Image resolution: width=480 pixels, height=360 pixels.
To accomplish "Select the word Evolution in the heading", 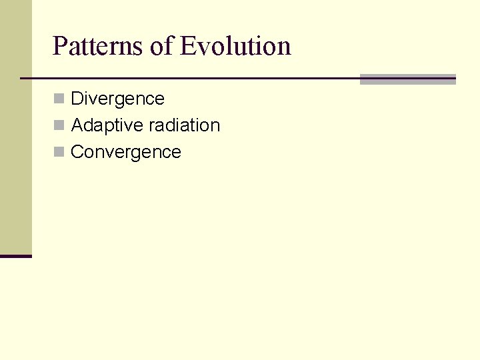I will tap(235, 47).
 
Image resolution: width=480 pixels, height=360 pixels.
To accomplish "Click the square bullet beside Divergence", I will tap(59, 99).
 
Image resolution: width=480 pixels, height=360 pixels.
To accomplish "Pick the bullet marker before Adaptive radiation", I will tap(59, 125).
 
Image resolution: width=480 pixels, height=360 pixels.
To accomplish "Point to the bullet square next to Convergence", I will tap(59, 152).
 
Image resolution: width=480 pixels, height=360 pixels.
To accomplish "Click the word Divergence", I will tap(117, 99).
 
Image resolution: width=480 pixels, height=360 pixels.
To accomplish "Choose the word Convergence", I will tap(126, 152).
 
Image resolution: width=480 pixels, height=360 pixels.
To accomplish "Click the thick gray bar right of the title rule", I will tap(407, 79).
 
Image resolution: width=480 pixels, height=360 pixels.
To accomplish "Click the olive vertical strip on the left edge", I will tap(15, 127).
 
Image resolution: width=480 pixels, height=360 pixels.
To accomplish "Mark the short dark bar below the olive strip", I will tap(15, 256).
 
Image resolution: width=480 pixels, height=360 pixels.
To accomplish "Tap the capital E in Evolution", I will tap(188, 47).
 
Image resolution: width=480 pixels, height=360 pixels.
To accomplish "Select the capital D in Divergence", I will tap(77, 99).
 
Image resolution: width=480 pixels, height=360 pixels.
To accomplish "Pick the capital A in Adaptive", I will tap(77, 125).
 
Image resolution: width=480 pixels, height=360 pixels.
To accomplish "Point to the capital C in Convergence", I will tap(77, 152).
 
